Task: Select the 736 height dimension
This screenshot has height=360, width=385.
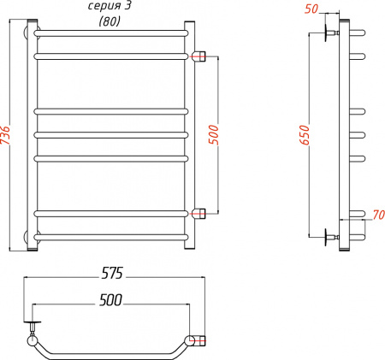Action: (7, 138)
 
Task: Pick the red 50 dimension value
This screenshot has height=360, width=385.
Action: (310, 9)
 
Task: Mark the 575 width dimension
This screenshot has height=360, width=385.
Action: (113, 274)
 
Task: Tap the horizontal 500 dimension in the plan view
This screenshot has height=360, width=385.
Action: (110, 299)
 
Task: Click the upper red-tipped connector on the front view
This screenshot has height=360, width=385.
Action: (200, 57)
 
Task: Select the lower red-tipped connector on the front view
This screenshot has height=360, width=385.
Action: (200, 213)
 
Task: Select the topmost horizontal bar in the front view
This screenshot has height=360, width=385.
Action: (111, 32)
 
